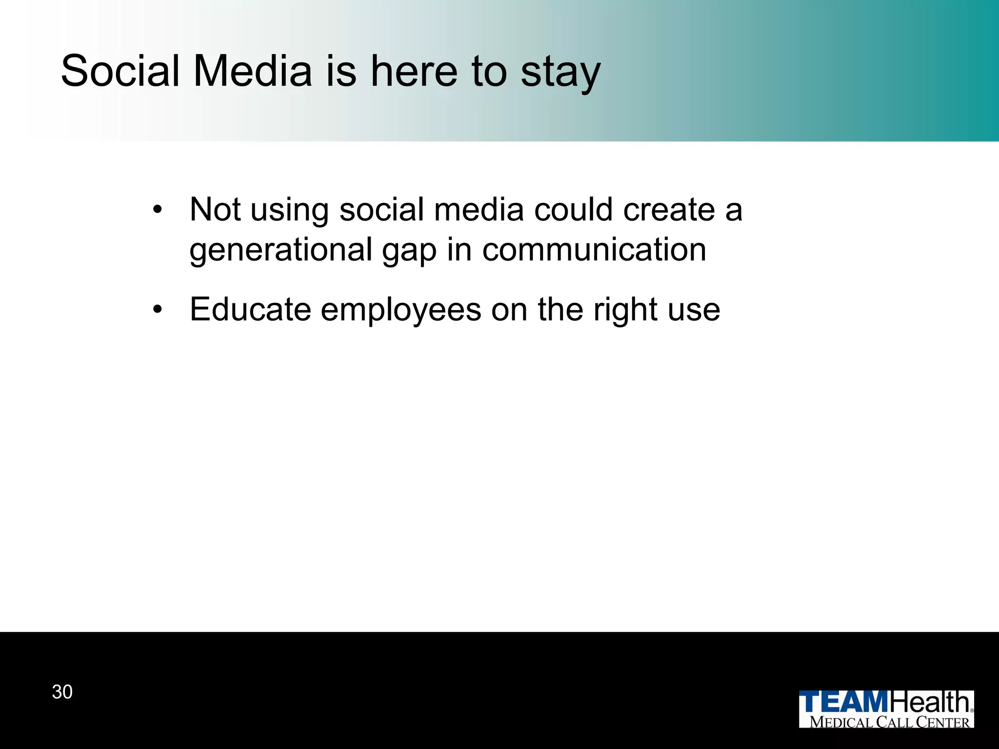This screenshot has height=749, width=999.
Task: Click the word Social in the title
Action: (x=120, y=71)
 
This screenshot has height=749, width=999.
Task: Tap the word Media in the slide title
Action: (x=253, y=71)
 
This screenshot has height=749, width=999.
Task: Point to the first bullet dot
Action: (x=157, y=210)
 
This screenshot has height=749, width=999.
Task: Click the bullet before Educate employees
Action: (x=157, y=310)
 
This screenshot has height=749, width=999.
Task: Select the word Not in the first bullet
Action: (x=215, y=210)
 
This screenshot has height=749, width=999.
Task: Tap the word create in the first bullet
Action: (x=669, y=210)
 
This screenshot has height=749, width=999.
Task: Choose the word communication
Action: (x=594, y=250)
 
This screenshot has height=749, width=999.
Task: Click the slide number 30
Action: (x=62, y=692)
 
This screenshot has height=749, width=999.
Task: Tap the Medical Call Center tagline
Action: (x=889, y=722)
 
